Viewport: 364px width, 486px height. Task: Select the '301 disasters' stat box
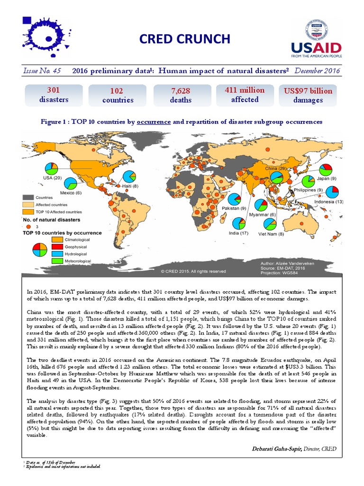53,95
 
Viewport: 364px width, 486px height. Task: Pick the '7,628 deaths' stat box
181,95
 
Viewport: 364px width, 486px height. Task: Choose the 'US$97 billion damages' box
308,95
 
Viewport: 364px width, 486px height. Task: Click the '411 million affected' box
245,95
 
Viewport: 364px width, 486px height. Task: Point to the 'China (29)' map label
274,169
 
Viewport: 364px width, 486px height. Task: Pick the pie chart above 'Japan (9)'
325,170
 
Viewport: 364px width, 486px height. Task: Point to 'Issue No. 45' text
42,71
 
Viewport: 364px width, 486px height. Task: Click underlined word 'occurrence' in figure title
154,122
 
